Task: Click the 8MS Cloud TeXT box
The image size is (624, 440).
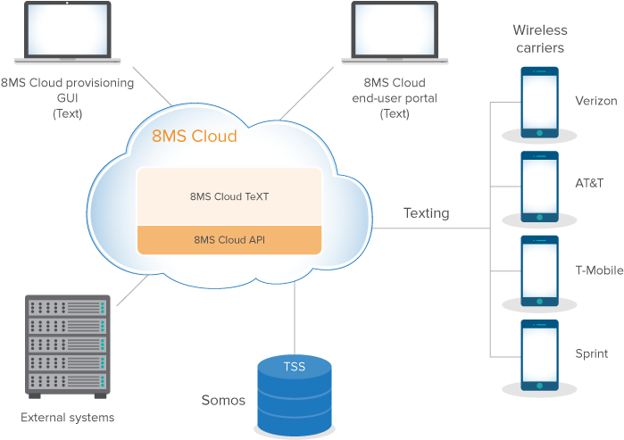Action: (229, 196)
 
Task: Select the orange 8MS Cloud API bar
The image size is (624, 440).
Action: (229, 239)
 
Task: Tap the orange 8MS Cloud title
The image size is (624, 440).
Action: (195, 137)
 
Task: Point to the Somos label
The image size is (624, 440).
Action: (223, 400)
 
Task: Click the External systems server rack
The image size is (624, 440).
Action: (68, 347)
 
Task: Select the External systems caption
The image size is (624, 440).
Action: (68, 417)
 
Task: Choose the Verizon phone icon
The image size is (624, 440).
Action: (539, 104)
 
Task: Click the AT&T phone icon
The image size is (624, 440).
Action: (539, 187)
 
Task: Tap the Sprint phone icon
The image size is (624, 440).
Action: (539, 354)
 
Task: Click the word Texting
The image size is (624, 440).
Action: (426, 213)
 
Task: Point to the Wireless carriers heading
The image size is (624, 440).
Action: (539, 37)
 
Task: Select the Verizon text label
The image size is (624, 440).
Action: (595, 101)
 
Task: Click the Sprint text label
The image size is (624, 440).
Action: (591, 353)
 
